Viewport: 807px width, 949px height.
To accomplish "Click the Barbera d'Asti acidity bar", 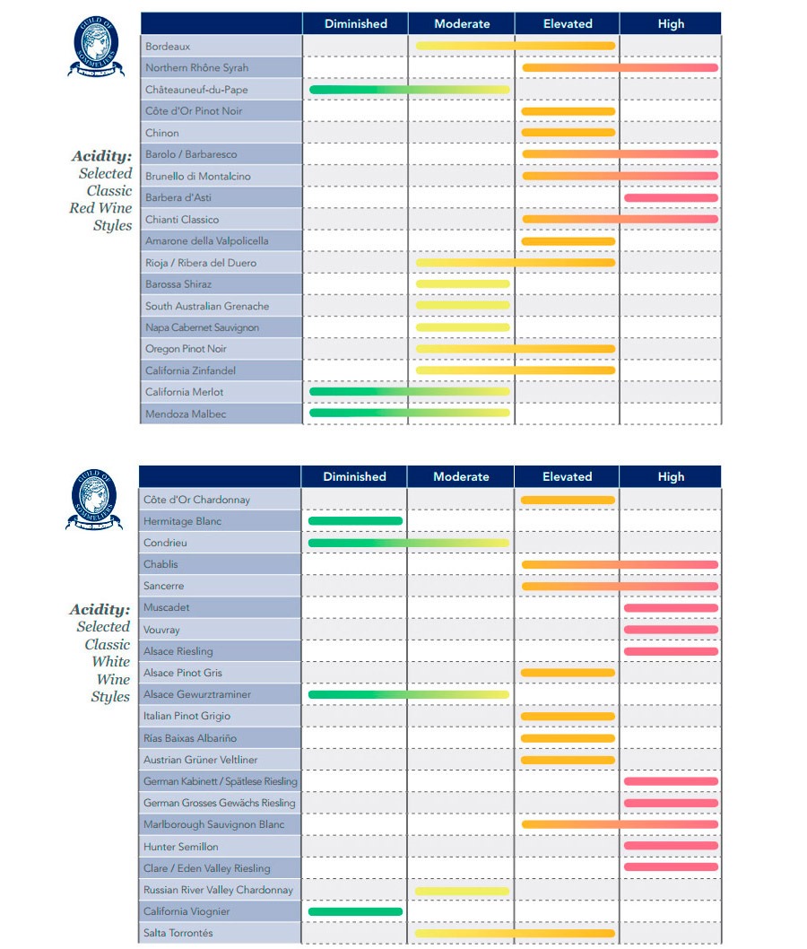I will pyautogui.click(x=671, y=197).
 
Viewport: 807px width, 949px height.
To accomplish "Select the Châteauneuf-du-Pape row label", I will pyautogui.click(x=196, y=90).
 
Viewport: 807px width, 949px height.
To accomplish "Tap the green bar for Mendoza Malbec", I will pyautogui.click(x=409, y=414).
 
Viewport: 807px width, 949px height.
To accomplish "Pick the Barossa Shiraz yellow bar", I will pyautogui.click(x=463, y=284).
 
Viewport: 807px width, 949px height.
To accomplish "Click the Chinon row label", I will pyautogui.click(x=162, y=133).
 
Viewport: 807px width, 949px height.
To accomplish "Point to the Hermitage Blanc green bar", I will pyautogui.click(x=355, y=521).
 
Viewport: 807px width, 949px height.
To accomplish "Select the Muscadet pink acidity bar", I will pyautogui.click(x=671, y=607).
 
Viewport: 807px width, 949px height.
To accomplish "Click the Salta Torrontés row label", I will pyautogui.click(x=178, y=934).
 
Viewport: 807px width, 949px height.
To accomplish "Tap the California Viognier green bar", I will pyautogui.click(x=355, y=911).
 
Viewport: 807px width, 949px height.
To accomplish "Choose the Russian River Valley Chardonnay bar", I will pyautogui.click(x=462, y=891).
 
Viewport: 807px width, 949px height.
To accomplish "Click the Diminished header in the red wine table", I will pyautogui.click(x=356, y=23).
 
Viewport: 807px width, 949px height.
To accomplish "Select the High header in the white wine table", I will pyautogui.click(x=671, y=476).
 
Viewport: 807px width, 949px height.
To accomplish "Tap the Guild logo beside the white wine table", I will pyautogui.click(x=94, y=500).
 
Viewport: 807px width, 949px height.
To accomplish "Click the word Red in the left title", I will pyautogui.click(x=82, y=208).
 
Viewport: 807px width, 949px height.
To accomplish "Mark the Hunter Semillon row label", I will pyautogui.click(x=180, y=847).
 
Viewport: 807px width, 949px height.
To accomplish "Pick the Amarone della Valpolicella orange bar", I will pyautogui.click(x=568, y=241).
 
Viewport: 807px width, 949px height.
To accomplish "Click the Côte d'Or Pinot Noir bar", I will pyautogui.click(x=568, y=111).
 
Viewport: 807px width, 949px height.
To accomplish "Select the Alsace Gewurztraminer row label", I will pyautogui.click(x=196, y=694).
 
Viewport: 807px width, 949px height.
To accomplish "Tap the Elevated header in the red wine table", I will pyautogui.click(x=568, y=23).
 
